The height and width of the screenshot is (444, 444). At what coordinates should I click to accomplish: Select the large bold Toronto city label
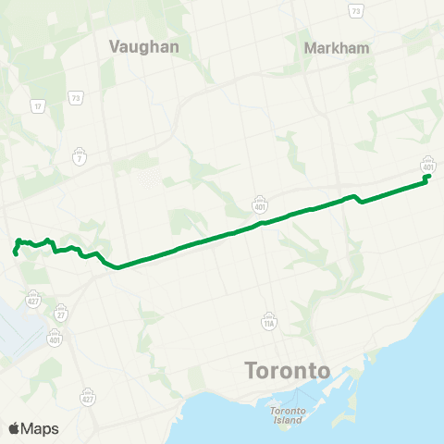point(288,371)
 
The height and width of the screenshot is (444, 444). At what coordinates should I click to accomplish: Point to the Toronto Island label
point(287,415)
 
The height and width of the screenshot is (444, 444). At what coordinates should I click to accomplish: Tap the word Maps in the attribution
point(41,428)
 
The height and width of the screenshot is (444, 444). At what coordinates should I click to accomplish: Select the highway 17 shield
point(38,107)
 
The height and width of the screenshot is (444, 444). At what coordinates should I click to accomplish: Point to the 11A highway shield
point(268,324)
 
